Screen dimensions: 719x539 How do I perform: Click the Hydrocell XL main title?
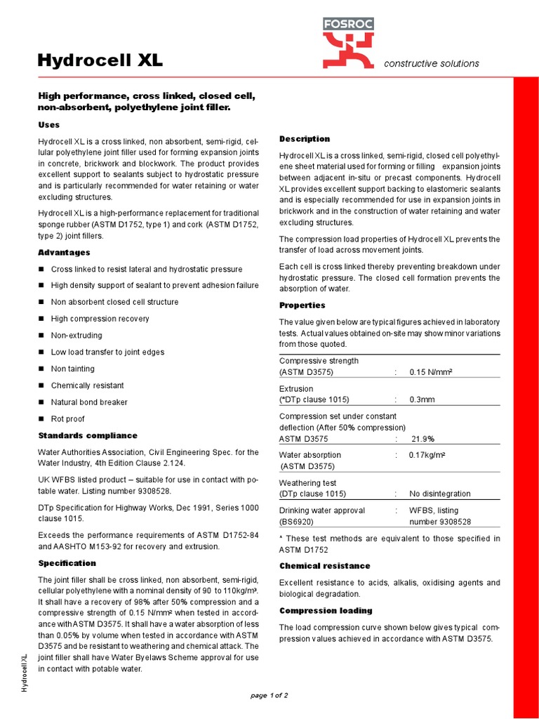(100, 61)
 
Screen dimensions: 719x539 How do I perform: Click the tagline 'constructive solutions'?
(432, 63)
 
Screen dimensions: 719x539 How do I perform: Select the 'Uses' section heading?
(48, 124)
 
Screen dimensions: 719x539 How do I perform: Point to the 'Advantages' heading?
(64, 252)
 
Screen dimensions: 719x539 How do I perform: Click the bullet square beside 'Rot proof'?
(41, 419)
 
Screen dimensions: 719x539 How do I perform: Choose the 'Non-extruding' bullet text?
(76, 336)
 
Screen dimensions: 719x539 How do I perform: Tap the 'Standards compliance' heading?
(88, 435)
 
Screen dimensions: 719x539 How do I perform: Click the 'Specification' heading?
(67, 563)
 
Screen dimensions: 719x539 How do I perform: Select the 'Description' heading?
(305, 138)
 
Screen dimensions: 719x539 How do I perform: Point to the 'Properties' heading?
(302, 305)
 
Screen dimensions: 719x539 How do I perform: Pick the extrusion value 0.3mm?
(422, 400)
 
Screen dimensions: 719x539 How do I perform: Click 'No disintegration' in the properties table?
(440, 494)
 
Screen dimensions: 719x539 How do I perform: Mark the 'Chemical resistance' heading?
(325, 565)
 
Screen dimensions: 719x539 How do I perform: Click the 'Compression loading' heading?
(326, 610)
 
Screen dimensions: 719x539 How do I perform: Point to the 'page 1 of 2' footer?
(269, 695)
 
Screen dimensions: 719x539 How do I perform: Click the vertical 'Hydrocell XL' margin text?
(25, 672)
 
